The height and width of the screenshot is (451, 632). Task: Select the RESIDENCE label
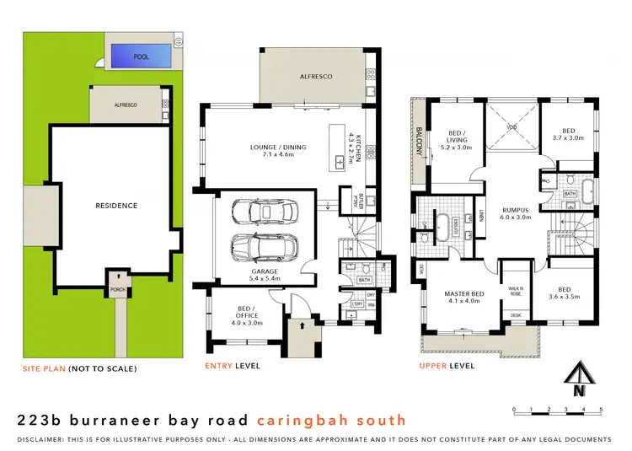pyautogui.click(x=116, y=205)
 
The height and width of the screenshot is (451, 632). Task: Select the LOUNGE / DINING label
pyautogui.click(x=278, y=152)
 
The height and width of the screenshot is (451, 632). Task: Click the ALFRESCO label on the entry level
pyautogui.click(x=315, y=77)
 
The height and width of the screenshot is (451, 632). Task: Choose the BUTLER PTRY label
pyautogui.click(x=345, y=200)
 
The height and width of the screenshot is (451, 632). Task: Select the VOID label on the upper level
pyautogui.click(x=511, y=127)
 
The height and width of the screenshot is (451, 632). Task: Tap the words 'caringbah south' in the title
pyautogui.click(x=332, y=420)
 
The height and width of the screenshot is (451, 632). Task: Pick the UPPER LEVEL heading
pyautogui.click(x=447, y=366)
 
